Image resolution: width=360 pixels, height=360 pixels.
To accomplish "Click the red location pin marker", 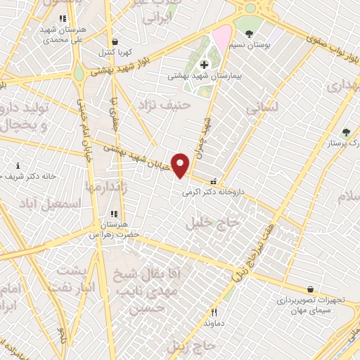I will coord(180,165).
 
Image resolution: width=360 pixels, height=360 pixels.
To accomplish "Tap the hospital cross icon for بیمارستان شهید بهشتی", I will coord(204,65).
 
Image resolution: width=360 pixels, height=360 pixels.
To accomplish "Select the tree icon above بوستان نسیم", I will coord(249,33).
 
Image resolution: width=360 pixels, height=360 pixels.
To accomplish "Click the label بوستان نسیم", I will coord(254,44).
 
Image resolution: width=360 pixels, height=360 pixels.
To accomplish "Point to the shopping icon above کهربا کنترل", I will coord(115,41).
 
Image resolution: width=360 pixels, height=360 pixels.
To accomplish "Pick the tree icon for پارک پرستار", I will coord(345,131).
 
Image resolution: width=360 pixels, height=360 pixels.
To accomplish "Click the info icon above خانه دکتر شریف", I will coord(18,165).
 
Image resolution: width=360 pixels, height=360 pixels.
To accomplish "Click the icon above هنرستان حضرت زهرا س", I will coord(112,214).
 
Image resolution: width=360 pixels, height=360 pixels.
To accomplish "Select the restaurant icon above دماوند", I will coord(214,312).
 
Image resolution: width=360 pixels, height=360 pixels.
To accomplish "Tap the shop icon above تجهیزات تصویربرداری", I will coord(310,288).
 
